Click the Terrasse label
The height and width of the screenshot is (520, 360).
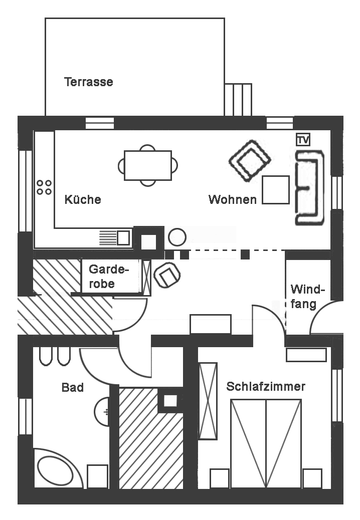click(x=89, y=82)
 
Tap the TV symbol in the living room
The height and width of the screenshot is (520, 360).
click(x=303, y=139)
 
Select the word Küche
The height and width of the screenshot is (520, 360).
click(x=83, y=199)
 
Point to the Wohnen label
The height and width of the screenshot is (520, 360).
click(x=233, y=199)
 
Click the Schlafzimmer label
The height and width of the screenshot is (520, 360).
click(x=266, y=387)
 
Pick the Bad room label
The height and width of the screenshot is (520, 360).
click(x=72, y=387)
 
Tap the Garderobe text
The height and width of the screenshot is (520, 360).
click(x=108, y=276)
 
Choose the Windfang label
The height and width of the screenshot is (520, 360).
click(x=307, y=297)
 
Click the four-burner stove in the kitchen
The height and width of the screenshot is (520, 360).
click(x=44, y=187)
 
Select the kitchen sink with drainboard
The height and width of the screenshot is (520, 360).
click(x=116, y=237)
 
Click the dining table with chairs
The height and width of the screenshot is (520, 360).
click(x=148, y=165)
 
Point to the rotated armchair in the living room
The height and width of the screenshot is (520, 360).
click(x=250, y=160)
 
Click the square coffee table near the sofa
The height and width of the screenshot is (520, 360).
click(x=276, y=190)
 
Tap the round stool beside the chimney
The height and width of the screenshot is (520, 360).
click(x=177, y=237)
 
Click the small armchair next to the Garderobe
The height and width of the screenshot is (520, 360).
click(x=167, y=275)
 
